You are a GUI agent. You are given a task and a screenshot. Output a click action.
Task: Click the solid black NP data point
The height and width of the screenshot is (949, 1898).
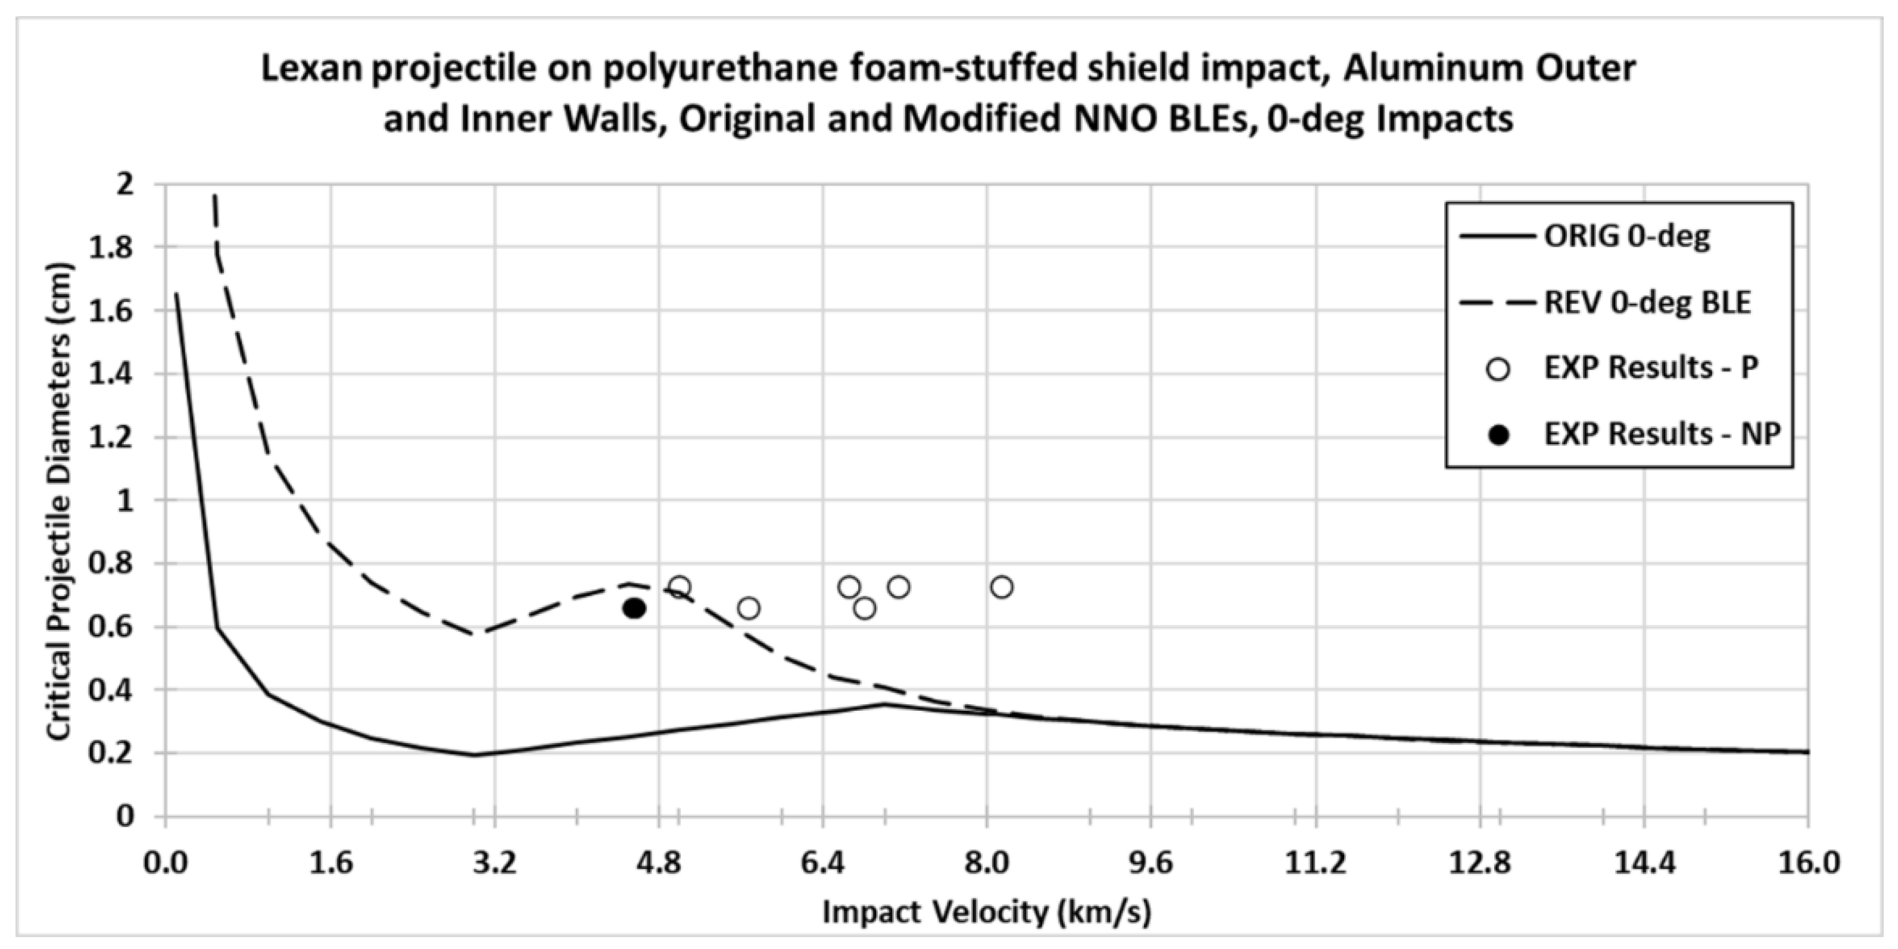[x=634, y=608]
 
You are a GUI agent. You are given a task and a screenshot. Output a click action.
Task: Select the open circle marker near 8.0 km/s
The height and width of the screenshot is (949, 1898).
[x=1001, y=587]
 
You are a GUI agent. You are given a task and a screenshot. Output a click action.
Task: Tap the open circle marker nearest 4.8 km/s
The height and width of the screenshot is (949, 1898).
[x=680, y=587]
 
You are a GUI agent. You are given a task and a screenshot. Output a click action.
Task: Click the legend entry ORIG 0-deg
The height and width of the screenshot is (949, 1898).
[x=1627, y=236]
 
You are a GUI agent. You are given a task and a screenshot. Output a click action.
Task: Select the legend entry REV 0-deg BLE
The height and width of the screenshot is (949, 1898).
[x=1647, y=302]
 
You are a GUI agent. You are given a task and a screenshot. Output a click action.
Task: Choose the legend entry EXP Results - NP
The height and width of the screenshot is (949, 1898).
[x=1662, y=434]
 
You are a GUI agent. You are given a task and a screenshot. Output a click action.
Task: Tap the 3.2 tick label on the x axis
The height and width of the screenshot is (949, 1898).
[x=494, y=862]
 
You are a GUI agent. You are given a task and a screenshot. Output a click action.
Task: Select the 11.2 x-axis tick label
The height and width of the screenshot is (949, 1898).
[x=1315, y=862]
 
